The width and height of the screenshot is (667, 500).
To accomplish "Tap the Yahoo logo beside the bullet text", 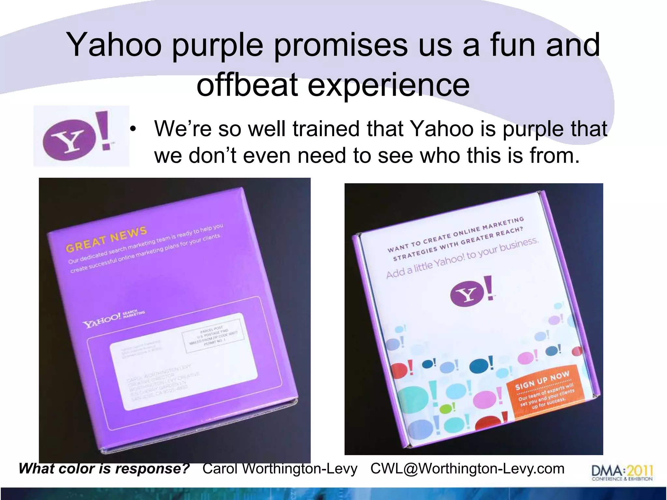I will pos(81,136).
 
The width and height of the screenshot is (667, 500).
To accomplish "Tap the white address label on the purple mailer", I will pos(182,361).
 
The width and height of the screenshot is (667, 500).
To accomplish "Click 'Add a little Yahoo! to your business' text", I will pos(462,259).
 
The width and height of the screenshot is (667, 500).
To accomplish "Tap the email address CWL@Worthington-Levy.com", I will pos(467,469).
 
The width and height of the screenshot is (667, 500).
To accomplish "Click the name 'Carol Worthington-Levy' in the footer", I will pos(280,469).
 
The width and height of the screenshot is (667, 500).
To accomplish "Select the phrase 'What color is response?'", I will pos(104,469).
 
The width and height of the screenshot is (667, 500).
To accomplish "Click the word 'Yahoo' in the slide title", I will pos(114,45).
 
